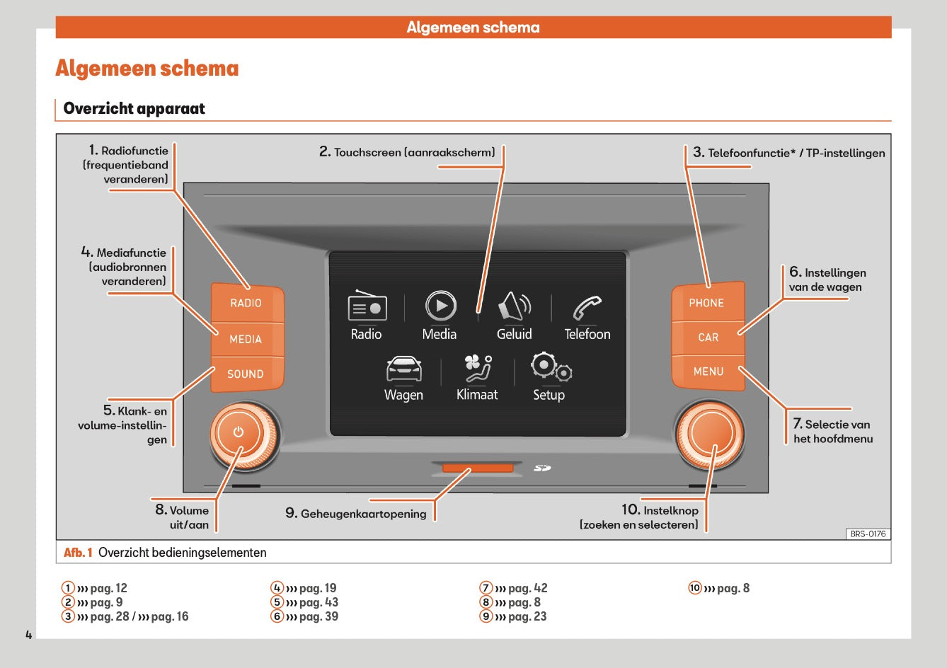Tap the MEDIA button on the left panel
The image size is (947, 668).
(246, 339)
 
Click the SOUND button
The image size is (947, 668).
(245, 374)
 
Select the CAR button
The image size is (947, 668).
(708, 338)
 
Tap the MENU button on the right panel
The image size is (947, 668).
(708, 372)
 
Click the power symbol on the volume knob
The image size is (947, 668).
(238, 432)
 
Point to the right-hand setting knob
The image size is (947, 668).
(709, 434)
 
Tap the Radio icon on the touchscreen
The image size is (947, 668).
(367, 307)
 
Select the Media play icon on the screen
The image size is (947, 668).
(440, 306)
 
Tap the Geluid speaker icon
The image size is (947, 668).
(514, 306)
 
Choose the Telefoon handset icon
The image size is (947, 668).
(587, 308)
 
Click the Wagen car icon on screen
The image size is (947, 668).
(403, 369)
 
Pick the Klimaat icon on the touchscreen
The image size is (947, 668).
(477, 369)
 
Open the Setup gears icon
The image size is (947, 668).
(550, 367)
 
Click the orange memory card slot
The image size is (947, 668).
(478, 468)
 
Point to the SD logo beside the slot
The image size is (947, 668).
(542, 468)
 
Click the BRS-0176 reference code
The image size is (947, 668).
(868, 534)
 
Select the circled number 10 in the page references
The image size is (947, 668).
(695, 588)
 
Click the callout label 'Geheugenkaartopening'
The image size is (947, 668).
(363, 514)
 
